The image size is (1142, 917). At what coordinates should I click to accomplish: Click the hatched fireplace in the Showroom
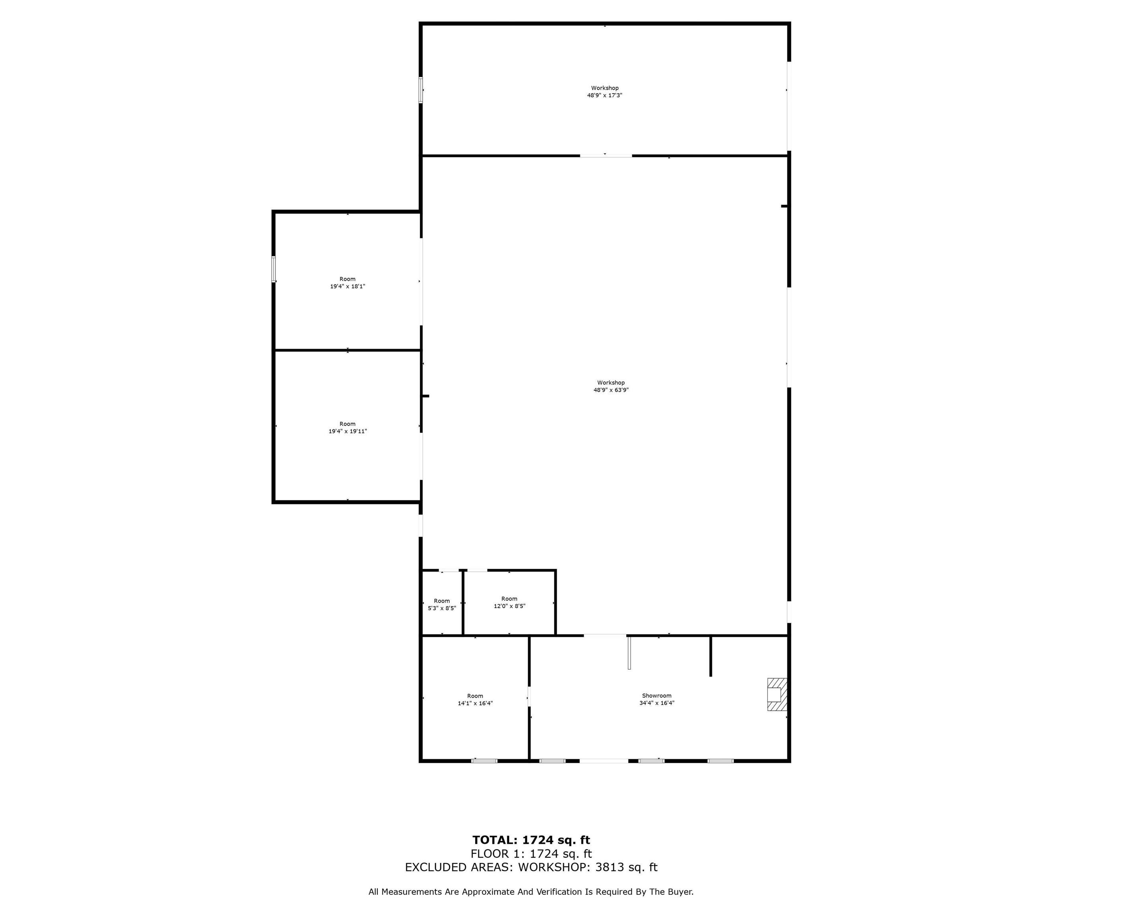[x=777, y=695]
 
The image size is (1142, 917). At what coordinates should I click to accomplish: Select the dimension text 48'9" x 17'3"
[x=604, y=96]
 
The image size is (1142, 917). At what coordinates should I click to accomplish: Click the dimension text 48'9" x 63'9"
[x=611, y=390]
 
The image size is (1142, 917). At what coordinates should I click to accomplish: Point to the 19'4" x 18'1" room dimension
[x=348, y=286]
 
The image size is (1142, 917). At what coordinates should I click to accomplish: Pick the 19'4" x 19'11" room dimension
[x=348, y=431]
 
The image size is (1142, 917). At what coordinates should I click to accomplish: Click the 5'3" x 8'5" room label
[x=442, y=609]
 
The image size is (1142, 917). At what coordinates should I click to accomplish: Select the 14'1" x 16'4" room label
[x=475, y=703]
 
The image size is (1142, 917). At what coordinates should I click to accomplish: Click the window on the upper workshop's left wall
[x=421, y=90]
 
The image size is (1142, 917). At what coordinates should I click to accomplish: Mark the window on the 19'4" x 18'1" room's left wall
[x=274, y=269]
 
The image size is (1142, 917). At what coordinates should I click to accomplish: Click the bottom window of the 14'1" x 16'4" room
[x=484, y=761]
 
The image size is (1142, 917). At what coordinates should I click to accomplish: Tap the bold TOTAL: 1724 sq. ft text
[x=531, y=840]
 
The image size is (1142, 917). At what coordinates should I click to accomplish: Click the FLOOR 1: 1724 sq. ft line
[x=531, y=854]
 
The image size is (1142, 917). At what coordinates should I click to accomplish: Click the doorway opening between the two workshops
[x=606, y=156]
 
